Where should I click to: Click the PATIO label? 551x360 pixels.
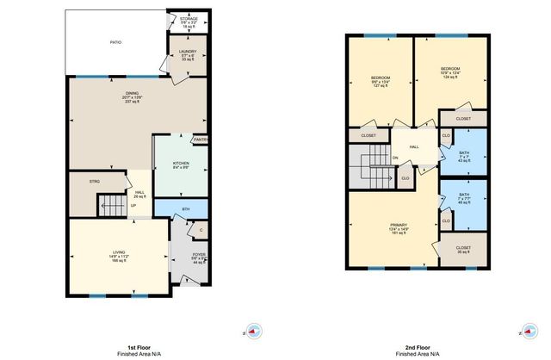(115, 41)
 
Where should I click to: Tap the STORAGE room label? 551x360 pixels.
(188, 19)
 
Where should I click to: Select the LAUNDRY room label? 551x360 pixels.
(188, 54)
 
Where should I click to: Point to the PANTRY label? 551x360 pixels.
(201, 140)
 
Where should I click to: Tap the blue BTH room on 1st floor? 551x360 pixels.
(186, 209)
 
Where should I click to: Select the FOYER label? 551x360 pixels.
(198, 258)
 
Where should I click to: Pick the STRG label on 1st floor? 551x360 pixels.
(96, 182)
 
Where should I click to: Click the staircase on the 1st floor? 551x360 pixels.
(111, 205)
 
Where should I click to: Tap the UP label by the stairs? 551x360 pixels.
(133, 206)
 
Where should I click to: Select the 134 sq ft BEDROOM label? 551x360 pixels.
(450, 72)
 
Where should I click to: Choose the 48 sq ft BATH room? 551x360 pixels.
(464, 199)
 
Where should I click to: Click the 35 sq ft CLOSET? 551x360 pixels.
(463, 248)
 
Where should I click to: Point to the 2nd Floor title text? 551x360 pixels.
(418, 347)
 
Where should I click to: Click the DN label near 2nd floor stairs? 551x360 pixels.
(395, 158)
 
